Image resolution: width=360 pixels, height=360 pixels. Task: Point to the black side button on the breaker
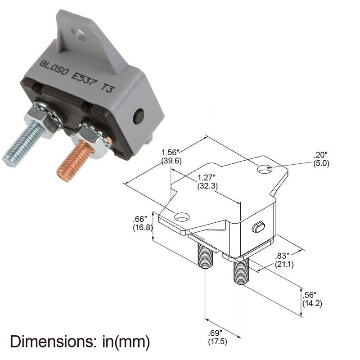[138, 117]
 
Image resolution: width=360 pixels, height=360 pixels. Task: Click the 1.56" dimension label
[171, 153]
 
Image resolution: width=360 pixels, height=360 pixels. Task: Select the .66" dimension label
[143, 219]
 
